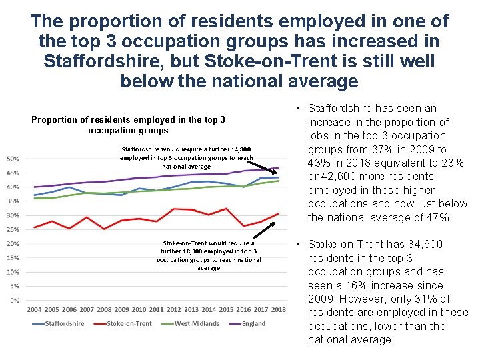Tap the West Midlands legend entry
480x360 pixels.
(191, 324)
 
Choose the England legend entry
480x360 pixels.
(247, 324)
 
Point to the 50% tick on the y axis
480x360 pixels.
(12, 159)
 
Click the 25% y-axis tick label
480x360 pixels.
(12, 229)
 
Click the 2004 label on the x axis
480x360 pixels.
(35, 309)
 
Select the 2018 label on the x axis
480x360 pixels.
(279, 309)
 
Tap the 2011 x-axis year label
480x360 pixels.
(157, 309)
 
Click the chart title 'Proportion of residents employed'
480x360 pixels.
(128, 125)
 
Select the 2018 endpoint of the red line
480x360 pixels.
(279, 213)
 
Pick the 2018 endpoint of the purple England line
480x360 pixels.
(279, 168)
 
